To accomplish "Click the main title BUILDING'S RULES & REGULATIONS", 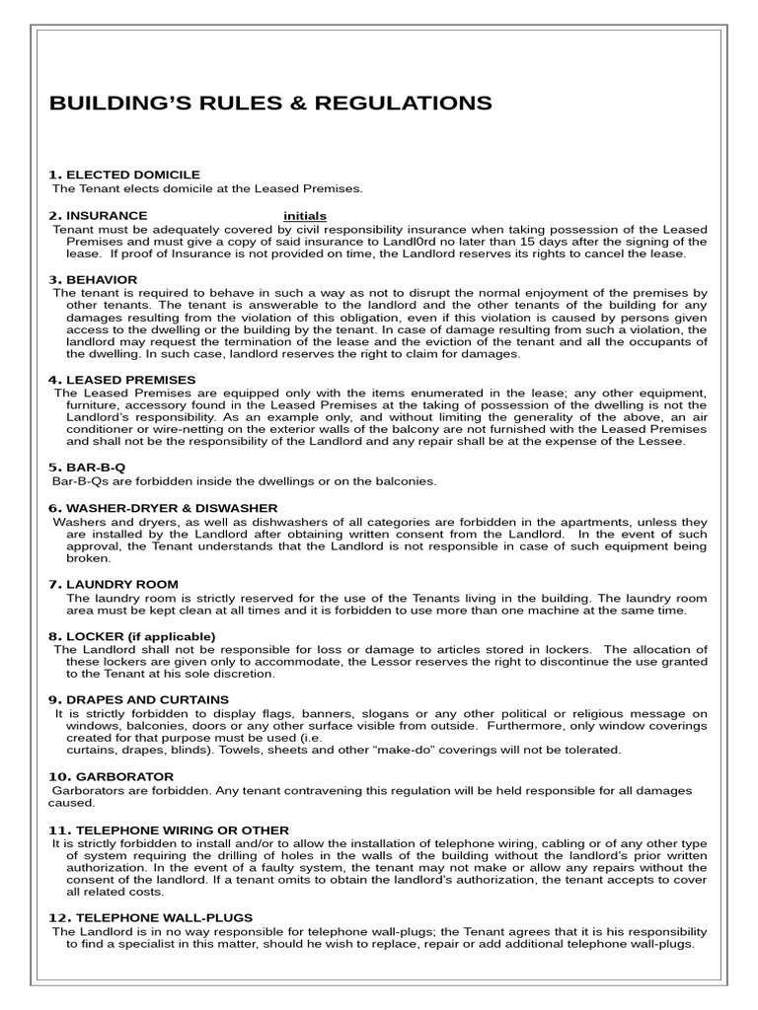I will (269, 104).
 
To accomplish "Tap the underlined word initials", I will (305, 216).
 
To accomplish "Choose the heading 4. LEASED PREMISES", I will (122, 380).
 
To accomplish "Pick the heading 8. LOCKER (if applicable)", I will (131, 636).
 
